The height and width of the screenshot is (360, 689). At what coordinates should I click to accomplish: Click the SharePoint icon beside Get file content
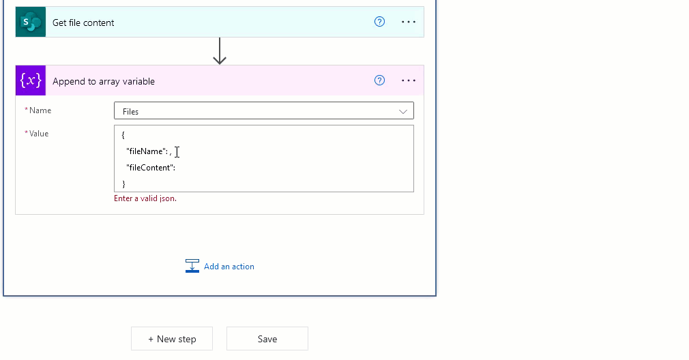30,22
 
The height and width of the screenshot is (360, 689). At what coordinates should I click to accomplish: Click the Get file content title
83,22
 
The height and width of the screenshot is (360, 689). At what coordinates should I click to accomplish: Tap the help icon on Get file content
380,22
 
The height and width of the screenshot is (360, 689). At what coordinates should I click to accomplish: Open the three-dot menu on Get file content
409,22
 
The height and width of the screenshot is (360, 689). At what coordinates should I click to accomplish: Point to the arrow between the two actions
220,51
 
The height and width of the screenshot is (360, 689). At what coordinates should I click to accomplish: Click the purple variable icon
30,80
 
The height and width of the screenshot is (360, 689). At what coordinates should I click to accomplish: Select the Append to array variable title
103,81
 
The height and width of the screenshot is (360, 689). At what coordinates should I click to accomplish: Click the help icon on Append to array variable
380,80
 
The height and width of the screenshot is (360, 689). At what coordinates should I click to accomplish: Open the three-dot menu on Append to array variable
409,80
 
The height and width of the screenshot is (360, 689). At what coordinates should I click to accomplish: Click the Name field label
40,110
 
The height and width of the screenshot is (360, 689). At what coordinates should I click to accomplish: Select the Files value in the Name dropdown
130,112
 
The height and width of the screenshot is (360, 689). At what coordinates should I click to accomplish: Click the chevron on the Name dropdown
403,112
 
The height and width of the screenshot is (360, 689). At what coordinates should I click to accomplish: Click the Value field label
39,134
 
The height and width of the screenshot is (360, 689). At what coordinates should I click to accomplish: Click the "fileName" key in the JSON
145,151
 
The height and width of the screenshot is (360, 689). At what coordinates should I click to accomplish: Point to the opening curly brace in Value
123,135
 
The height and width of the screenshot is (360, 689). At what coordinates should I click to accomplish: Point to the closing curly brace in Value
123,184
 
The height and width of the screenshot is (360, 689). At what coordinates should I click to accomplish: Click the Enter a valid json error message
145,198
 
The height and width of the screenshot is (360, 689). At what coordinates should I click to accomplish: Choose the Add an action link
229,267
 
